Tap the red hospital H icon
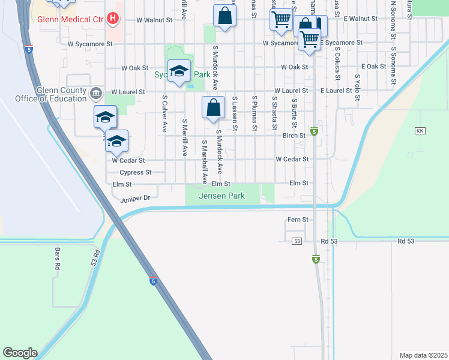[112, 19]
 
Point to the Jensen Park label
[223, 196]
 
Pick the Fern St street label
[297, 220]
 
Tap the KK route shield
[420, 131]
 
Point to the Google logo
[20, 353]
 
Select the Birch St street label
[294, 136]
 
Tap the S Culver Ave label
[164, 116]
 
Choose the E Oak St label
[373, 67]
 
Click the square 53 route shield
[297, 241]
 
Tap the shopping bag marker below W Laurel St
[213, 109]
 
